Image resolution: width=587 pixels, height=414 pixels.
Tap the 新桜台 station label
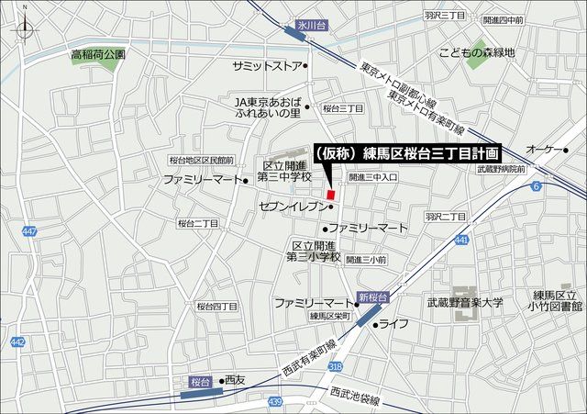(374, 297)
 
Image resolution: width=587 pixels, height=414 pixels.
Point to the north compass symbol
(24, 28)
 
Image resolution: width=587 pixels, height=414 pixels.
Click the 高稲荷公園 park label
(98, 55)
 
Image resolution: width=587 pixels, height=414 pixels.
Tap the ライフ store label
(394, 323)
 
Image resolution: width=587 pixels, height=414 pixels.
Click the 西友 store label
(236, 380)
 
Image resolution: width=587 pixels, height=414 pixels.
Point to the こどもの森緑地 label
(477, 52)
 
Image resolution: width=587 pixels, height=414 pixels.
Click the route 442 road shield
(17, 342)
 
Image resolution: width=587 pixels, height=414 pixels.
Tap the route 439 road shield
(274, 401)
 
